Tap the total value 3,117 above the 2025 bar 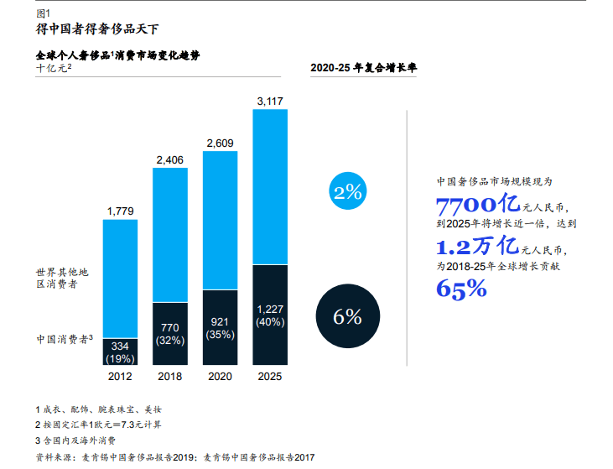[x=269, y=101]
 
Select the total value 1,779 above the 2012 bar [x=120, y=211]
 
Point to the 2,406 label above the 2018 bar [x=169, y=159]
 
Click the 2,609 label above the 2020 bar [x=220, y=143]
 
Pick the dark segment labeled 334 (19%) [x=120, y=352]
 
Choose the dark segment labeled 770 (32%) [x=169, y=333]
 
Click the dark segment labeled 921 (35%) [x=220, y=327]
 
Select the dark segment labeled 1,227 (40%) [x=269, y=315]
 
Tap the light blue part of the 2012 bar [x=120, y=277]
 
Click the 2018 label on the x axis [x=169, y=377]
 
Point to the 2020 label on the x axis [x=220, y=377]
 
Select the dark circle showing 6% [x=347, y=317]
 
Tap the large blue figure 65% [x=461, y=289]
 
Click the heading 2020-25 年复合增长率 [x=364, y=68]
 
